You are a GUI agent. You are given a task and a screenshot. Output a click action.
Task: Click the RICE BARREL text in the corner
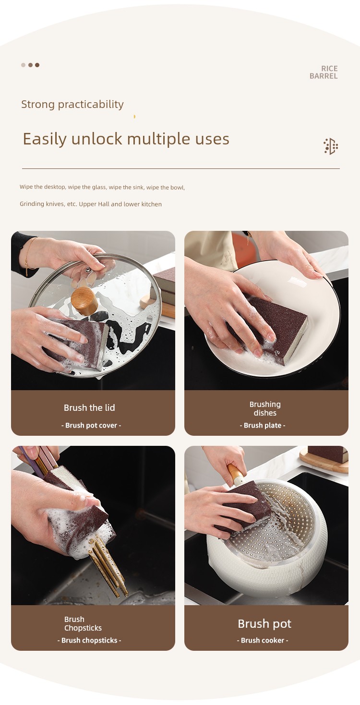324,72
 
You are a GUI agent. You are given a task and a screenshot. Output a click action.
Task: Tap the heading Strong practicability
72,104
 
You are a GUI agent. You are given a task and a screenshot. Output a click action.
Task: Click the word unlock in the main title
96,139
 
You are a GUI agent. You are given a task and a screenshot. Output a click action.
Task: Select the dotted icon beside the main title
331,146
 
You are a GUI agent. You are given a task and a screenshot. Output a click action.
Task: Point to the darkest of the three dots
37,65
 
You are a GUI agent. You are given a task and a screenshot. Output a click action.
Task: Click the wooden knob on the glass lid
84,301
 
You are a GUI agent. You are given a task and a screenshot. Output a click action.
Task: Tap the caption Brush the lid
89,407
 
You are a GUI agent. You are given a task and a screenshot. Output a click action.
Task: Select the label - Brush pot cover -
91,425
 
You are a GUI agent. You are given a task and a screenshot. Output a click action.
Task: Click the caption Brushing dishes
265,408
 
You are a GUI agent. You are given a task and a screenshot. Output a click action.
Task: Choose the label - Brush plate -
263,425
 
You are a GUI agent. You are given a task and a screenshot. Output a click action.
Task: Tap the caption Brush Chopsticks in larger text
83,623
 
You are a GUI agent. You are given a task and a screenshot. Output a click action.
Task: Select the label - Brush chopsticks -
89,640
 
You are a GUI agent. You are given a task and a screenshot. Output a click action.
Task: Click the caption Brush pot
264,623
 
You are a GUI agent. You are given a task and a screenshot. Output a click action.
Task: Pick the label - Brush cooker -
263,640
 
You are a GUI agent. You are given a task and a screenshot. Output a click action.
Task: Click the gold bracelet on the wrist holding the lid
28,256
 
